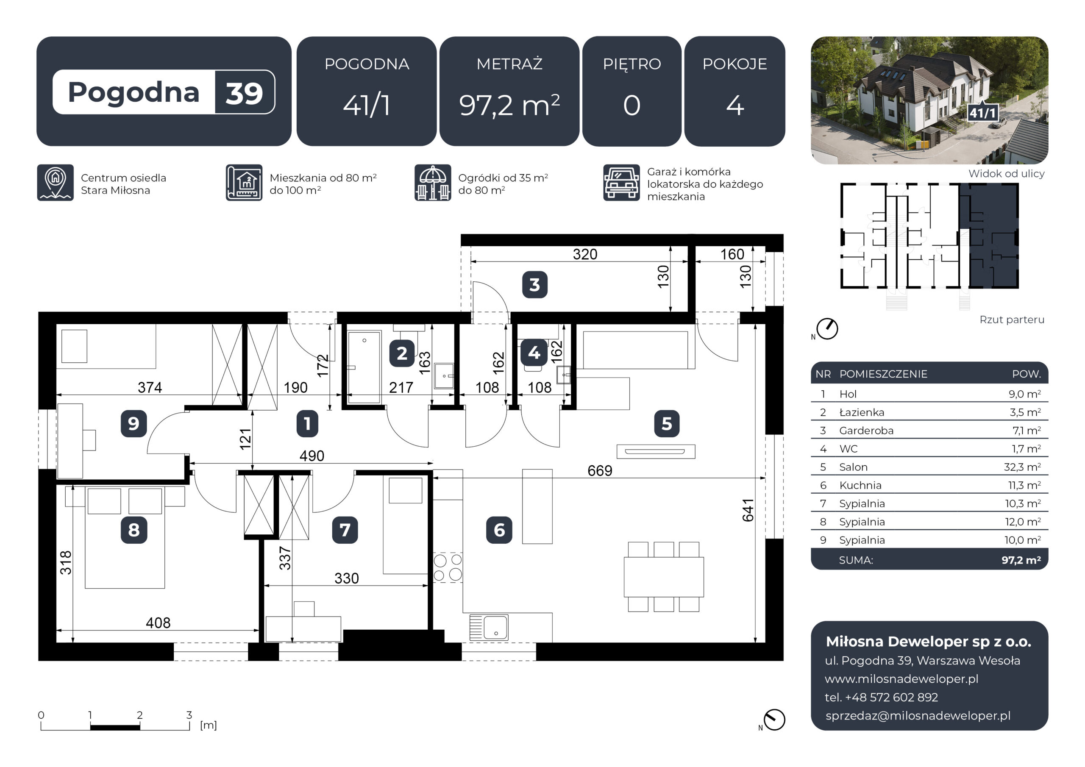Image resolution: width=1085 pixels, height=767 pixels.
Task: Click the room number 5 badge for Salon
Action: [666, 423]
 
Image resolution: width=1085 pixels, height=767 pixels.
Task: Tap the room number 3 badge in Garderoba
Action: [534, 284]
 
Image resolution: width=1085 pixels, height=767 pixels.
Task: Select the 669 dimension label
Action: [600, 471]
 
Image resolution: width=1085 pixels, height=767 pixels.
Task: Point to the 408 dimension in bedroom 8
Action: [158, 623]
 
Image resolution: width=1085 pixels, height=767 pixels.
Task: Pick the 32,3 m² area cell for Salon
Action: [1023, 467]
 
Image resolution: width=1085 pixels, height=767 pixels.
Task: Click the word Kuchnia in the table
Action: [860, 485]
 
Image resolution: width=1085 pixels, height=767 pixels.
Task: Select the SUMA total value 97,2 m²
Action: [1021, 560]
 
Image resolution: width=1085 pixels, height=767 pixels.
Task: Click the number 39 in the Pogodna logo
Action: [244, 93]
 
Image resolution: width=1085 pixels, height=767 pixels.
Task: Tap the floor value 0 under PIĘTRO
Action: [632, 105]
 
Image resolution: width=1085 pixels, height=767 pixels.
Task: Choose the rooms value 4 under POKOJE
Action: [735, 105]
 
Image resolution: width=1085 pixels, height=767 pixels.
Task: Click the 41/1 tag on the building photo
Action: [983, 112]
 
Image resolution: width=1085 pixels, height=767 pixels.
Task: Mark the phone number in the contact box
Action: [881, 697]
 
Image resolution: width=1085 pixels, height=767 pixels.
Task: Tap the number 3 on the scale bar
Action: [189, 715]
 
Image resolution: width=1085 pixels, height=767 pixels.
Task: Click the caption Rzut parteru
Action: [1012, 320]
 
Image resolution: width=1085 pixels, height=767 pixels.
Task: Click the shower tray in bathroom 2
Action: [364, 367]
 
